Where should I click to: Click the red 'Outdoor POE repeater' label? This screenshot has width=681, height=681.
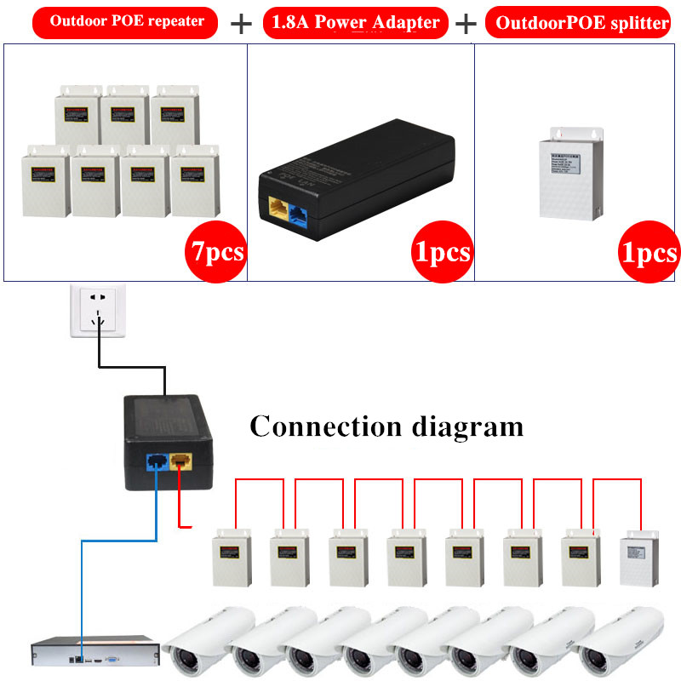coord(127,21)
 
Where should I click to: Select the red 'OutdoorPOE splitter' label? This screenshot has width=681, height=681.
coord(582,23)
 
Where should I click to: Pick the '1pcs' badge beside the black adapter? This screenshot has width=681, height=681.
coord(442,252)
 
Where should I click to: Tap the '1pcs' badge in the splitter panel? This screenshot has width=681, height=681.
coord(650,252)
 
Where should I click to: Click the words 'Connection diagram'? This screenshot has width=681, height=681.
coord(386,426)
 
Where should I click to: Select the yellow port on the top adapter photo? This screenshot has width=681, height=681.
coord(278,207)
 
